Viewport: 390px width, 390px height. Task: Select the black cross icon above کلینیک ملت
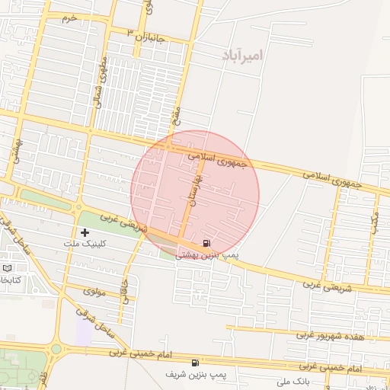84,232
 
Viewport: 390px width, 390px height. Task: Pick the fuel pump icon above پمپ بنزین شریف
196,363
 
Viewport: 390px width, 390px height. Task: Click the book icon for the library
8,269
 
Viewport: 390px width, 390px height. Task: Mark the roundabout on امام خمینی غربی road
56,350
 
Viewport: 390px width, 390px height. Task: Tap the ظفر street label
43,379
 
